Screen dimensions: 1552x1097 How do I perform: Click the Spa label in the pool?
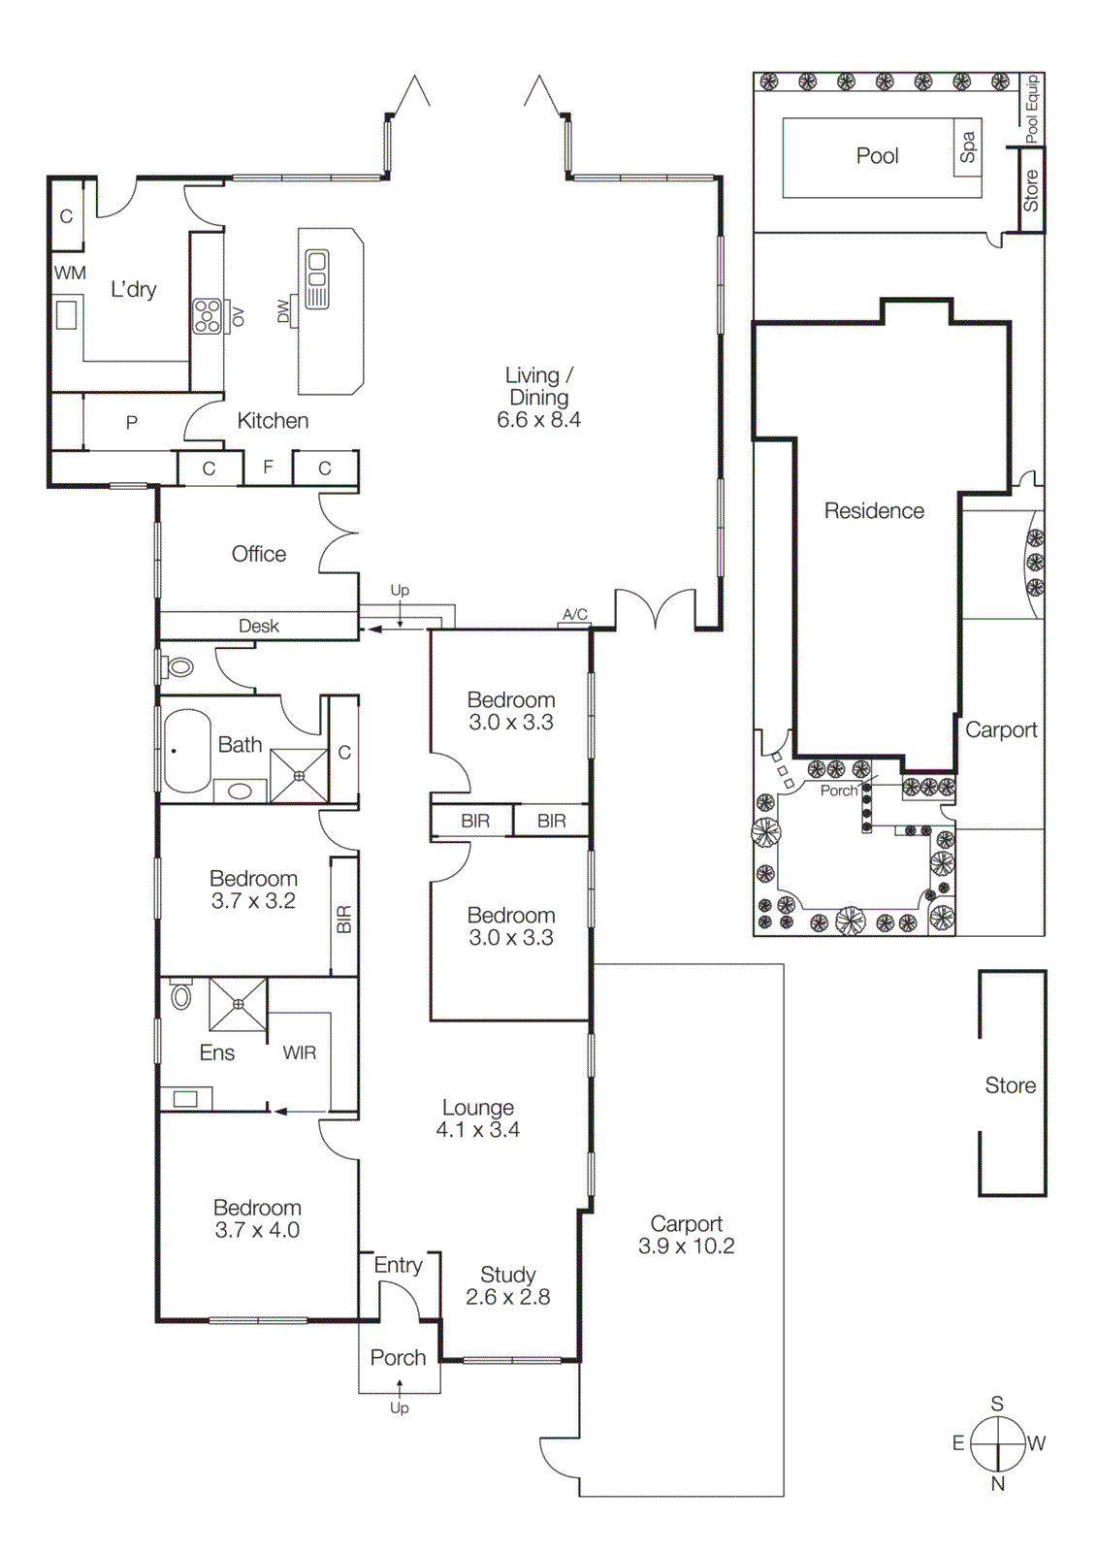(x=967, y=147)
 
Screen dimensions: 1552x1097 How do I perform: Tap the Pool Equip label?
(x=1032, y=108)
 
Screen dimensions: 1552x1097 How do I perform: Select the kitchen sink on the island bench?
(x=317, y=279)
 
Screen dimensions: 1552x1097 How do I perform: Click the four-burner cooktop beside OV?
(x=207, y=316)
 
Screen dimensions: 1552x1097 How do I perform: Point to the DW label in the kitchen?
(x=283, y=310)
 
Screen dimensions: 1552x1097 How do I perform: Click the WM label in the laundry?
(x=70, y=274)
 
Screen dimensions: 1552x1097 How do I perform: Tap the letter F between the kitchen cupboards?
(x=268, y=468)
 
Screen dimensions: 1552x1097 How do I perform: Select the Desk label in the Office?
(x=259, y=627)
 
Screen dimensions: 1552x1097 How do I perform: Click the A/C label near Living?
(x=574, y=615)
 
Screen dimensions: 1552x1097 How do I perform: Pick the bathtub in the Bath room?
(x=187, y=752)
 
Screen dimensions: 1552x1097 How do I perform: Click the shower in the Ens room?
(x=238, y=1005)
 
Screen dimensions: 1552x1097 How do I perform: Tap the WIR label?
(x=300, y=1052)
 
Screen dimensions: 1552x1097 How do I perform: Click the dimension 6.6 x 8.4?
(x=538, y=420)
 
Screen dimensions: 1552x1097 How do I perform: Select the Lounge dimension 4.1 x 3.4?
(x=477, y=1130)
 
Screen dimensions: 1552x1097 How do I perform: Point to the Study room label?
(x=507, y=1275)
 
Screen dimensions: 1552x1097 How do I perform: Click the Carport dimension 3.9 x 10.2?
(x=686, y=1246)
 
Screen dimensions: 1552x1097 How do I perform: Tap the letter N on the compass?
(x=998, y=1483)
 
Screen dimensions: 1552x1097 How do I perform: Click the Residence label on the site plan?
(x=874, y=511)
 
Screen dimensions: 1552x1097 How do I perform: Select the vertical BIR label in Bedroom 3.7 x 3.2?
(x=344, y=920)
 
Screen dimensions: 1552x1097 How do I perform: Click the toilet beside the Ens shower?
(x=181, y=996)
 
